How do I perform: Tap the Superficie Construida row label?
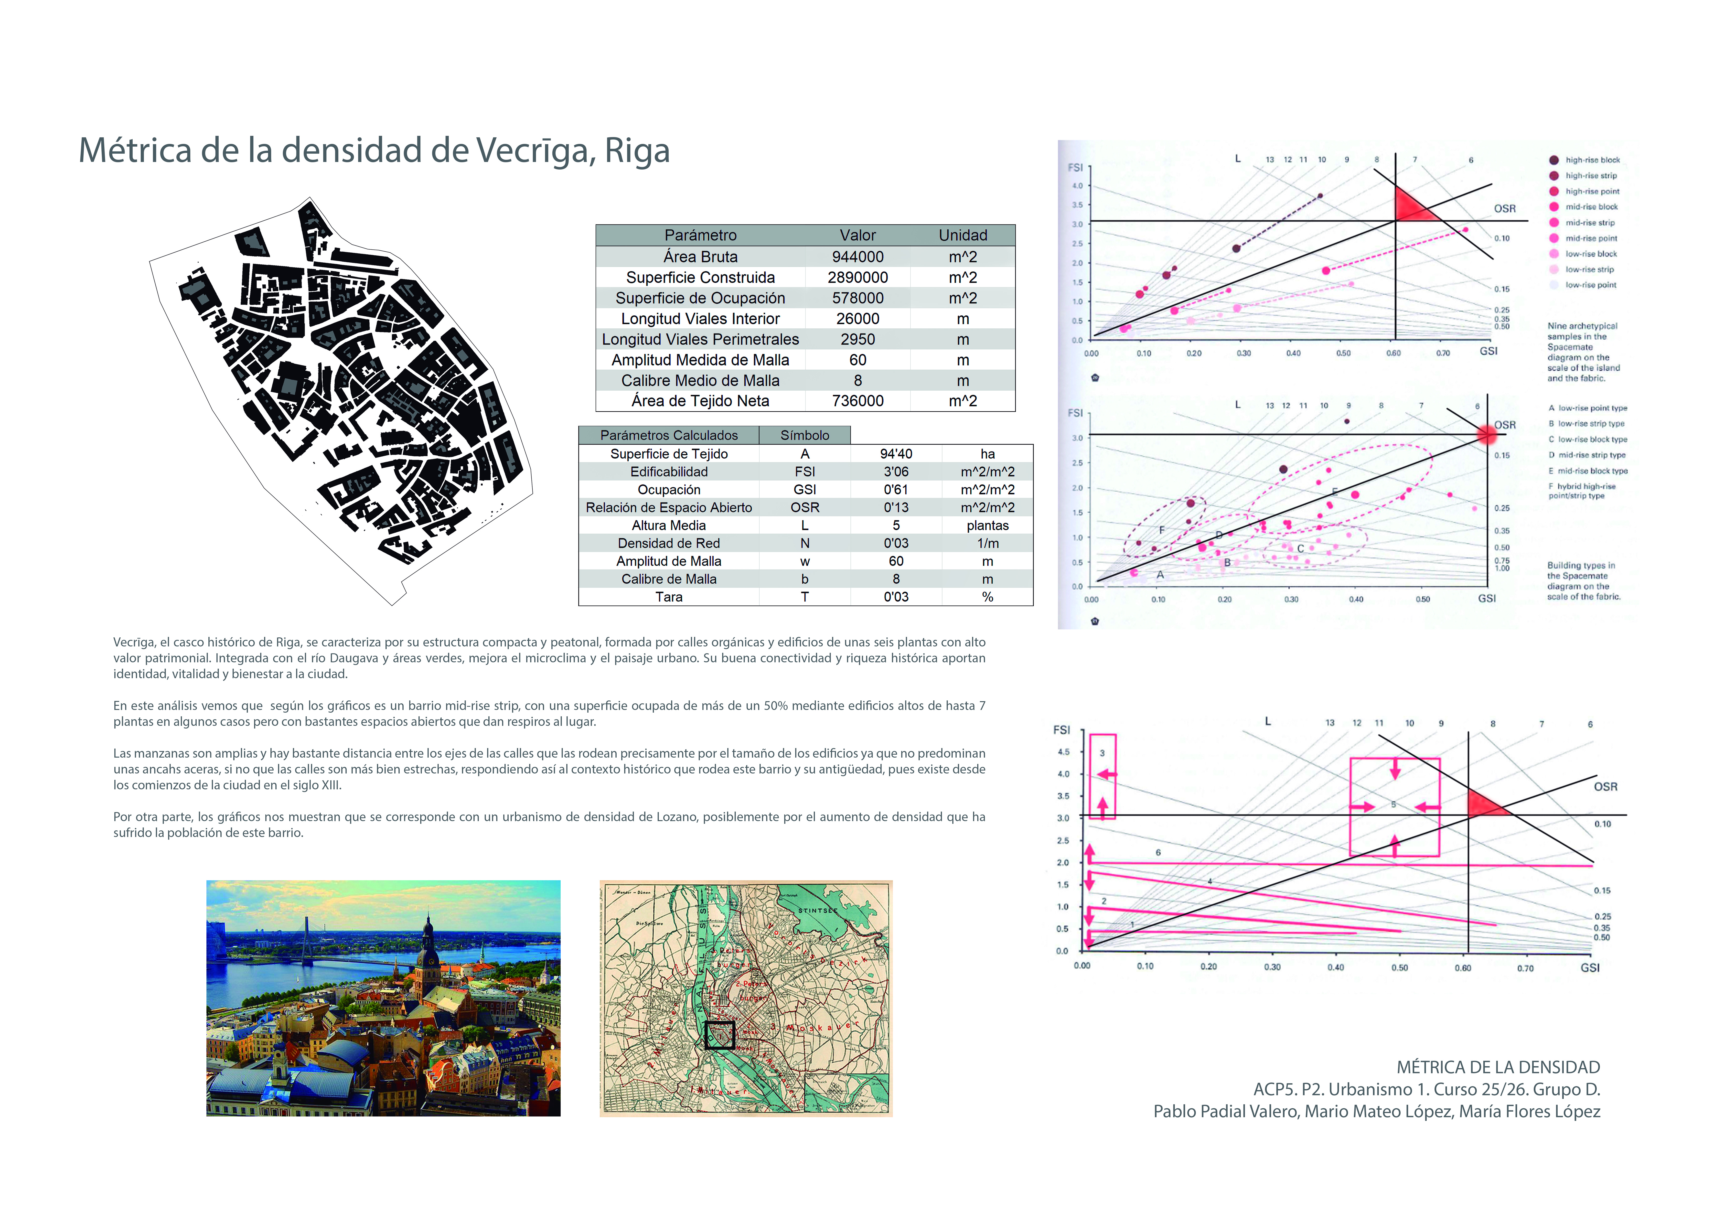(x=700, y=278)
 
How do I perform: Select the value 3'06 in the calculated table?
(x=896, y=472)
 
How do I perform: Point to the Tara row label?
(x=669, y=597)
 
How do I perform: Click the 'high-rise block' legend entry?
(x=1592, y=160)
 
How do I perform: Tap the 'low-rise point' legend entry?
(x=1590, y=285)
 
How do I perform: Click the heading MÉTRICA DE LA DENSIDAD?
(x=1498, y=1068)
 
